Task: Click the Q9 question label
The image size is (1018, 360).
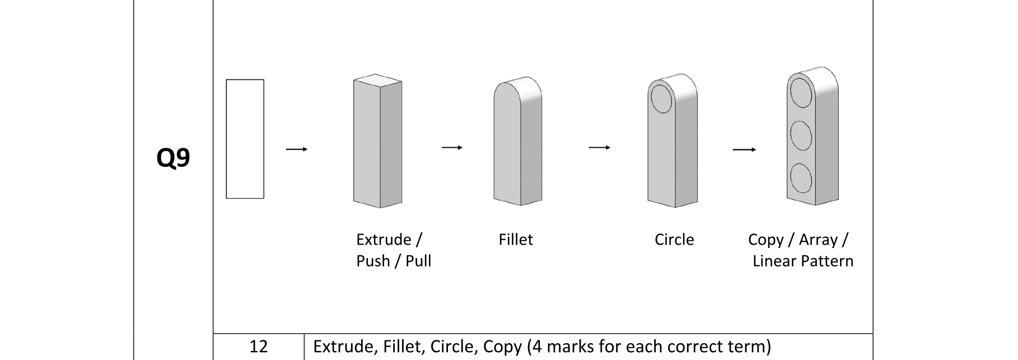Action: click(173, 158)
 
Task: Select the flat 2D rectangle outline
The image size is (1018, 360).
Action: click(245, 139)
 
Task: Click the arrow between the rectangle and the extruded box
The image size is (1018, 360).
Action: click(297, 149)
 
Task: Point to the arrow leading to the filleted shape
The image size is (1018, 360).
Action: click(452, 147)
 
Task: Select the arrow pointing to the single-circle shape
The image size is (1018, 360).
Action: click(599, 147)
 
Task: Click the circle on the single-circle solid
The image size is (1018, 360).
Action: click(661, 99)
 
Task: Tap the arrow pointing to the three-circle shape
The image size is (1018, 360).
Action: click(744, 149)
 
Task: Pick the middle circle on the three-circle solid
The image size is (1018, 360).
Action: click(801, 134)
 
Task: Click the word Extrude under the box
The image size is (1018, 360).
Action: click(384, 240)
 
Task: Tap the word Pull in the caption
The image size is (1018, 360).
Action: click(418, 261)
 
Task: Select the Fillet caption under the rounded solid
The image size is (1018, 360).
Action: click(516, 240)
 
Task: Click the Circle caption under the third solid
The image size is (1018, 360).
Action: click(674, 240)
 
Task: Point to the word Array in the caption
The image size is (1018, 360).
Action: click(818, 240)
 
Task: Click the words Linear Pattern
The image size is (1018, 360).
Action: click(803, 261)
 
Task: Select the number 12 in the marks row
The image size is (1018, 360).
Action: click(258, 347)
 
